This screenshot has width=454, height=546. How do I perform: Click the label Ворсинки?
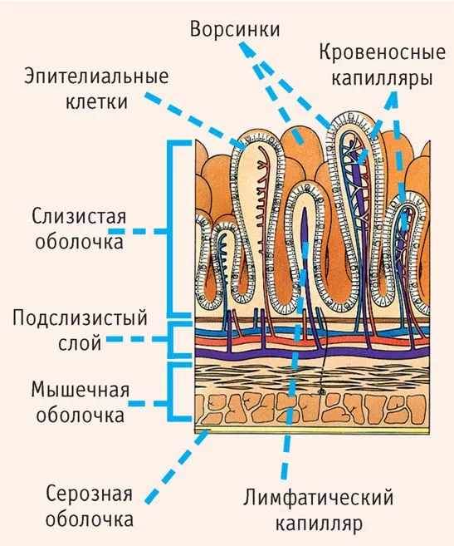pyautogui.click(x=235, y=29)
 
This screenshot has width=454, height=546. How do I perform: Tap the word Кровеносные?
pyautogui.click(x=382, y=52)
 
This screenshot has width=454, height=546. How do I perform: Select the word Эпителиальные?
pyautogui.click(x=96, y=76)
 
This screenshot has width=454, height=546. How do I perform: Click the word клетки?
pyautogui.click(x=97, y=101)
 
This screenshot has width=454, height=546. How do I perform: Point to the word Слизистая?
pyautogui.click(x=79, y=216)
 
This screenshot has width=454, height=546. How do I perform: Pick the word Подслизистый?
pyautogui.click(x=80, y=318)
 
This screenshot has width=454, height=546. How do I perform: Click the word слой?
pyautogui.click(x=80, y=342)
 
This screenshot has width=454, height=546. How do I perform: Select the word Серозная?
pyautogui.click(x=89, y=494)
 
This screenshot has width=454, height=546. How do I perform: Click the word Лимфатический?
pyautogui.click(x=318, y=497)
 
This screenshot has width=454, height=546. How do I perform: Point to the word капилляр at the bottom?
pyautogui.click(x=319, y=523)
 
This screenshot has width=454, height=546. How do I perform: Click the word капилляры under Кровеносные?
pyautogui.click(x=382, y=77)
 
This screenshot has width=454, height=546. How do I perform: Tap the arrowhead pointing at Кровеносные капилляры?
pyautogui.click(x=392, y=99)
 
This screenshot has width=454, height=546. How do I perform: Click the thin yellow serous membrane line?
pyautogui.click(x=312, y=430)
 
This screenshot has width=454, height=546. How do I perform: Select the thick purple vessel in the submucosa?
pyautogui.click(x=312, y=353)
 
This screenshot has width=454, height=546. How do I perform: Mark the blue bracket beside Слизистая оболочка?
pyautogui.click(x=174, y=229)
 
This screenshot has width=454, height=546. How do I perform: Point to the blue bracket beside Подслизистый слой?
pyautogui.click(x=171, y=340)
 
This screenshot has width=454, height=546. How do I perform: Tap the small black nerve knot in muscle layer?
pyautogui.click(x=320, y=391)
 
